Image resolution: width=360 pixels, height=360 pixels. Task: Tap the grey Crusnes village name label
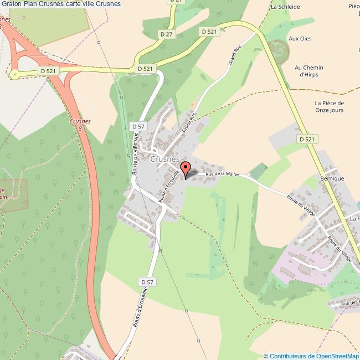164,158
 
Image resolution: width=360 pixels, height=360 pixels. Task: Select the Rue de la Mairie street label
222,174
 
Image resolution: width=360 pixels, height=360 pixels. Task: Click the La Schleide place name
285,8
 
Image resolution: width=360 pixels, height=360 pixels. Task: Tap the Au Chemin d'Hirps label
309,71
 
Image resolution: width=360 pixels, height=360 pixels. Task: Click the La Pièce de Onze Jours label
329,106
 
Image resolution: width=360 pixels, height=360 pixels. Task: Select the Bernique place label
332,179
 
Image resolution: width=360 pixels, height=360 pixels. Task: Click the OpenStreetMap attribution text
311,356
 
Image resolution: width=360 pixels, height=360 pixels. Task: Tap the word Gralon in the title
11,4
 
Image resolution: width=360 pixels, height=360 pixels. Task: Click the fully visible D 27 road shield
166,34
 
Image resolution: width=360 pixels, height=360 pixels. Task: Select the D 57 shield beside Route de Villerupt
138,127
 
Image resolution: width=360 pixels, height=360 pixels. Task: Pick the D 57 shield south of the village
147,282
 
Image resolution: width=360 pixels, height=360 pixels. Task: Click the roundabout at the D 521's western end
14,74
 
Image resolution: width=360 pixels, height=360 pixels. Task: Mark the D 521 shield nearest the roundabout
49,71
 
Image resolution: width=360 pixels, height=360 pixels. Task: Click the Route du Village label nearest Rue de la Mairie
299,204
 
